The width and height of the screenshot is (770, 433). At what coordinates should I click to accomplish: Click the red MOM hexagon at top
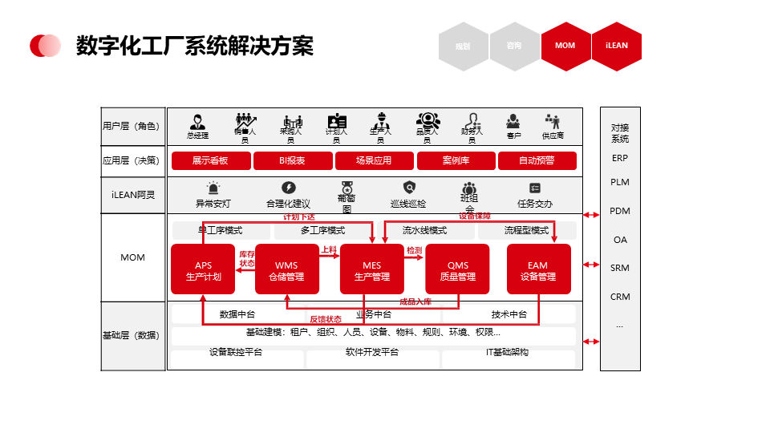(565, 46)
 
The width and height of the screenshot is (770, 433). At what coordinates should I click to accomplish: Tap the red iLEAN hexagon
(616, 46)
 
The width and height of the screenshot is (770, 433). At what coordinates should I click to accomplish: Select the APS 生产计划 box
(203, 270)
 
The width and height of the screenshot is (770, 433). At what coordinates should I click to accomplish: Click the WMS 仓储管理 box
(287, 270)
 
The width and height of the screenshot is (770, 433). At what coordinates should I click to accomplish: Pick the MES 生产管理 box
(372, 270)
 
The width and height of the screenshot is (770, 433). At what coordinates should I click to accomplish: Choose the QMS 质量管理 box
(458, 270)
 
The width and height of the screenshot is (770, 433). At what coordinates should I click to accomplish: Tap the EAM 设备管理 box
(538, 270)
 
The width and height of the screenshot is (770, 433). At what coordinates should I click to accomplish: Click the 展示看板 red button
(210, 160)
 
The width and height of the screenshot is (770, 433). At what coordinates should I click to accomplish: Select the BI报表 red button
(292, 160)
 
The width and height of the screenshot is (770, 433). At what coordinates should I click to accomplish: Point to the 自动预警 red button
(537, 160)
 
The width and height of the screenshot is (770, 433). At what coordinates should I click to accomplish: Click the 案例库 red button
(456, 160)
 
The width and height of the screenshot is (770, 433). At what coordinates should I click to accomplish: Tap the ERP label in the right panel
(620, 158)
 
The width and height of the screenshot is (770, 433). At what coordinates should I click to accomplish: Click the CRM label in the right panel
(620, 297)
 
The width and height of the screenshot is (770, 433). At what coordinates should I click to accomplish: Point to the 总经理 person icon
(197, 123)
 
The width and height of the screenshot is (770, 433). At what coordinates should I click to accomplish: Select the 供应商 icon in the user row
(553, 122)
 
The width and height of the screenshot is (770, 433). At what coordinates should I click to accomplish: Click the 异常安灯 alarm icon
(213, 188)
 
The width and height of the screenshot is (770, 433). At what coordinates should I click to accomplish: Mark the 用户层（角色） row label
(132, 126)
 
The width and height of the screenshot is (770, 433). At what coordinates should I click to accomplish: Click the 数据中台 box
(237, 314)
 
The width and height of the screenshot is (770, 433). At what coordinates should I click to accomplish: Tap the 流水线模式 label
(425, 230)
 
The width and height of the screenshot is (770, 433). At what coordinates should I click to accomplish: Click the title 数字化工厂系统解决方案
(194, 46)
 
